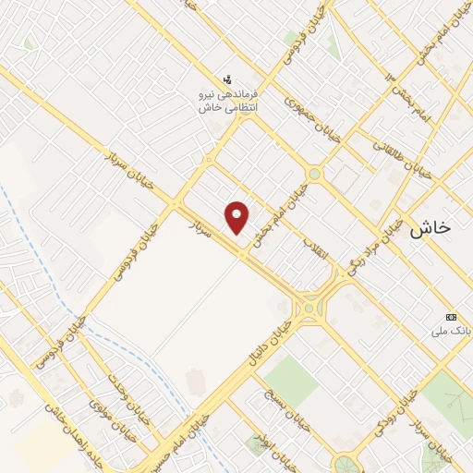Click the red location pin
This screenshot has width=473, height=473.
(238, 217)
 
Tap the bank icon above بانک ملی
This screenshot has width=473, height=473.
(452, 316)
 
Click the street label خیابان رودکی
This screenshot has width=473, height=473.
(392, 417)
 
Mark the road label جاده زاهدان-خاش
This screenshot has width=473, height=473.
(65, 434)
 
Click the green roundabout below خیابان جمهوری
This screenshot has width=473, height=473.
(314, 174)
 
